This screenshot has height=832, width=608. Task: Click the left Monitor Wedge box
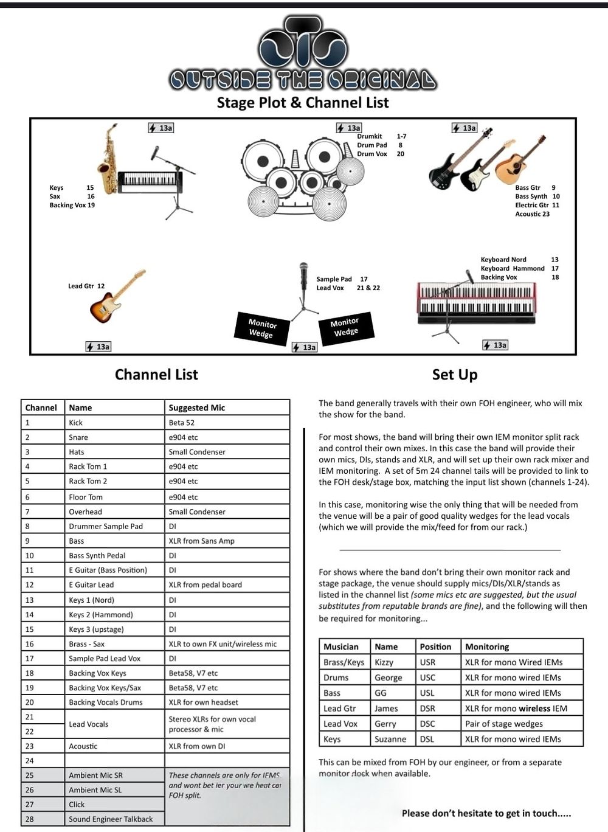click(x=261, y=329)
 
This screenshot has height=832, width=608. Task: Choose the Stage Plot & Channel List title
click(x=303, y=102)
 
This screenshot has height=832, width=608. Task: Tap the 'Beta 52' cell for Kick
click(x=182, y=423)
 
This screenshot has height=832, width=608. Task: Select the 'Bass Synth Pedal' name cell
click(x=97, y=555)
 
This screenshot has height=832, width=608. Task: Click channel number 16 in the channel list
click(x=30, y=643)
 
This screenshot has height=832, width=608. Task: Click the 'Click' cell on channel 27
click(x=77, y=804)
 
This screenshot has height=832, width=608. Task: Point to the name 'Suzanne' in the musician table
click(x=390, y=739)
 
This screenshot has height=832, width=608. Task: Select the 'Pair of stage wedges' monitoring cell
click(x=503, y=724)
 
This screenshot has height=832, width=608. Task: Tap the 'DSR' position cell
click(x=427, y=708)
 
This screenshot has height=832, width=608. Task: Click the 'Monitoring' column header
click(x=487, y=647)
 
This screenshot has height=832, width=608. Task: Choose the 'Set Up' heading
click(x=455, y=375)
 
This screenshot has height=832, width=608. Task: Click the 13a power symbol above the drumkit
click(x=349, y=128)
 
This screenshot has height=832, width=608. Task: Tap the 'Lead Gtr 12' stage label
click(x=86, y=286)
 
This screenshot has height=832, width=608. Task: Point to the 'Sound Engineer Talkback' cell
click(x=111, y=819)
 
